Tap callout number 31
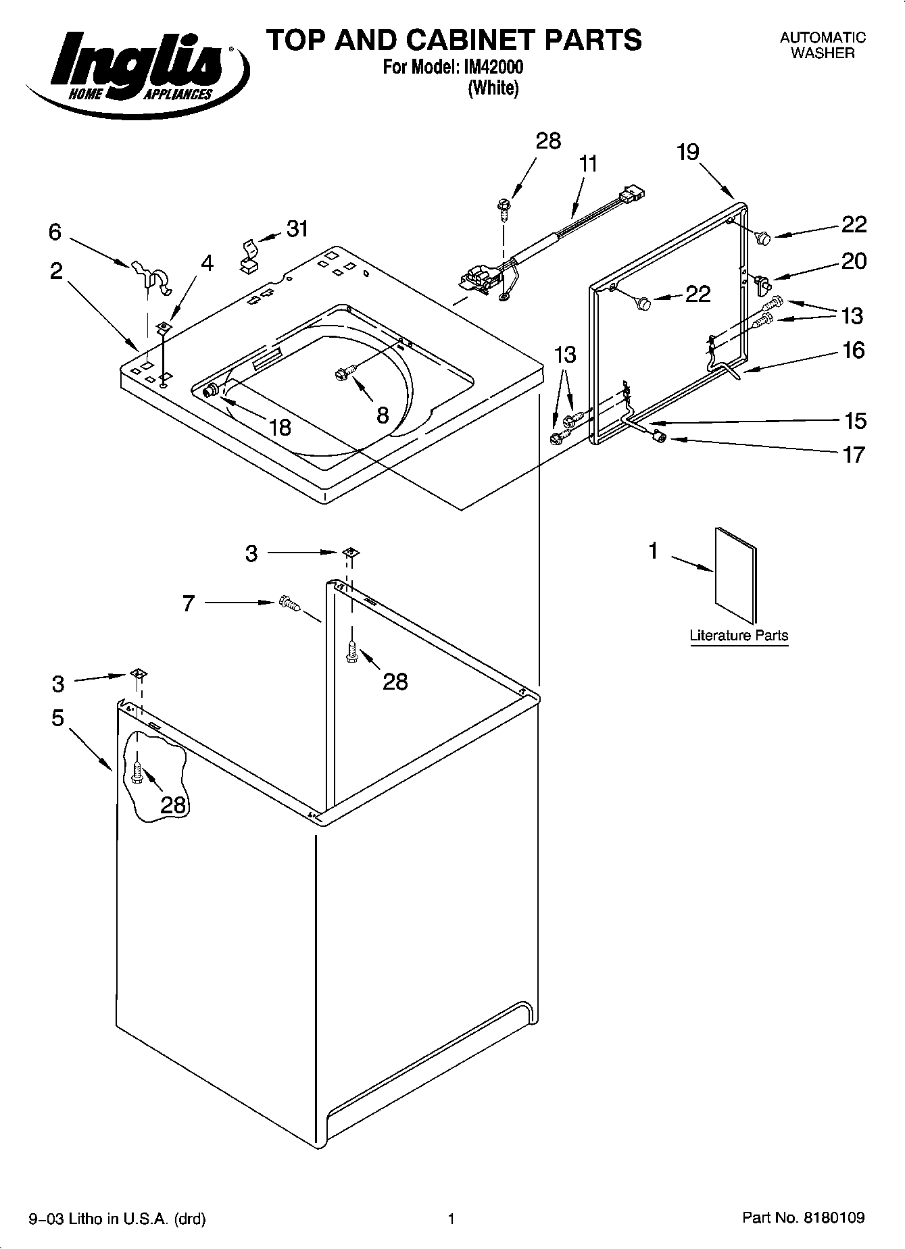pos(297,229)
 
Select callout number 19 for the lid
pos(688,152)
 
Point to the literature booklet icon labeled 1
pos(735,575)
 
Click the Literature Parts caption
pos(739,636)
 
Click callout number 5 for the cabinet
pos(58,717)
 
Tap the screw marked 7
pos(289,603)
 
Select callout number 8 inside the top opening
pos(383,415)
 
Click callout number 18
pos(279,427)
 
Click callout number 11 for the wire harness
pos(589,164)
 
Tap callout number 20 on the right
pos(853,261)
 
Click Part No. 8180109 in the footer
pos(804,1218)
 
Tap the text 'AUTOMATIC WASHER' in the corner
pos(823,45)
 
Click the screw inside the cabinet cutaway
pos(138,773)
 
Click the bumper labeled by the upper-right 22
pos(764,237)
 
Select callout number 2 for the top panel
pos(56,272)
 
